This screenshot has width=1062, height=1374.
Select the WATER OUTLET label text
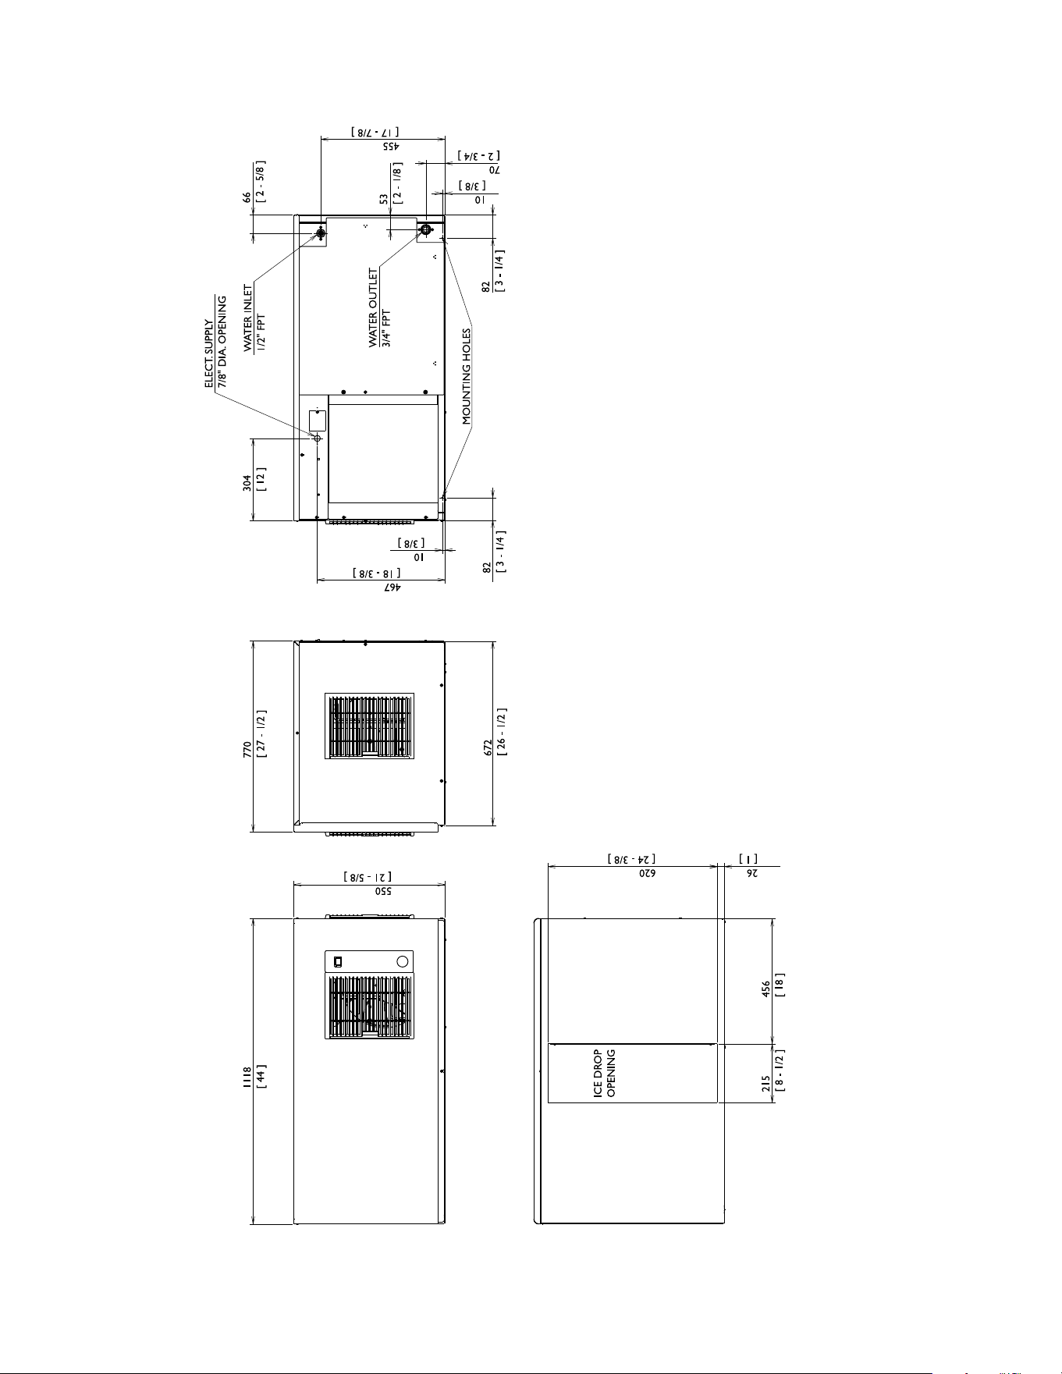point(373,307)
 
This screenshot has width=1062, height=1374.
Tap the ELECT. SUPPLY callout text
point(209,353)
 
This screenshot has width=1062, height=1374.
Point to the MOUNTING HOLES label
point(467,377)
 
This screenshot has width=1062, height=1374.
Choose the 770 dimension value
point(247,750)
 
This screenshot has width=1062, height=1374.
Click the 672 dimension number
point(488,748)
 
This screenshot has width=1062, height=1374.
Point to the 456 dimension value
point(766,989)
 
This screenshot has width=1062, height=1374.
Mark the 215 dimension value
point(766,1084)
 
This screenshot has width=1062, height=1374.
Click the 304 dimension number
point(247,483)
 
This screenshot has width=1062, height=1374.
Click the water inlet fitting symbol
point(321,233)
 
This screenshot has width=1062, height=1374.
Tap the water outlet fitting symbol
point(425,230)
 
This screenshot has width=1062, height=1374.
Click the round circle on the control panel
point(403,961)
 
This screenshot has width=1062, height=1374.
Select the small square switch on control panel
point(338,961)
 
